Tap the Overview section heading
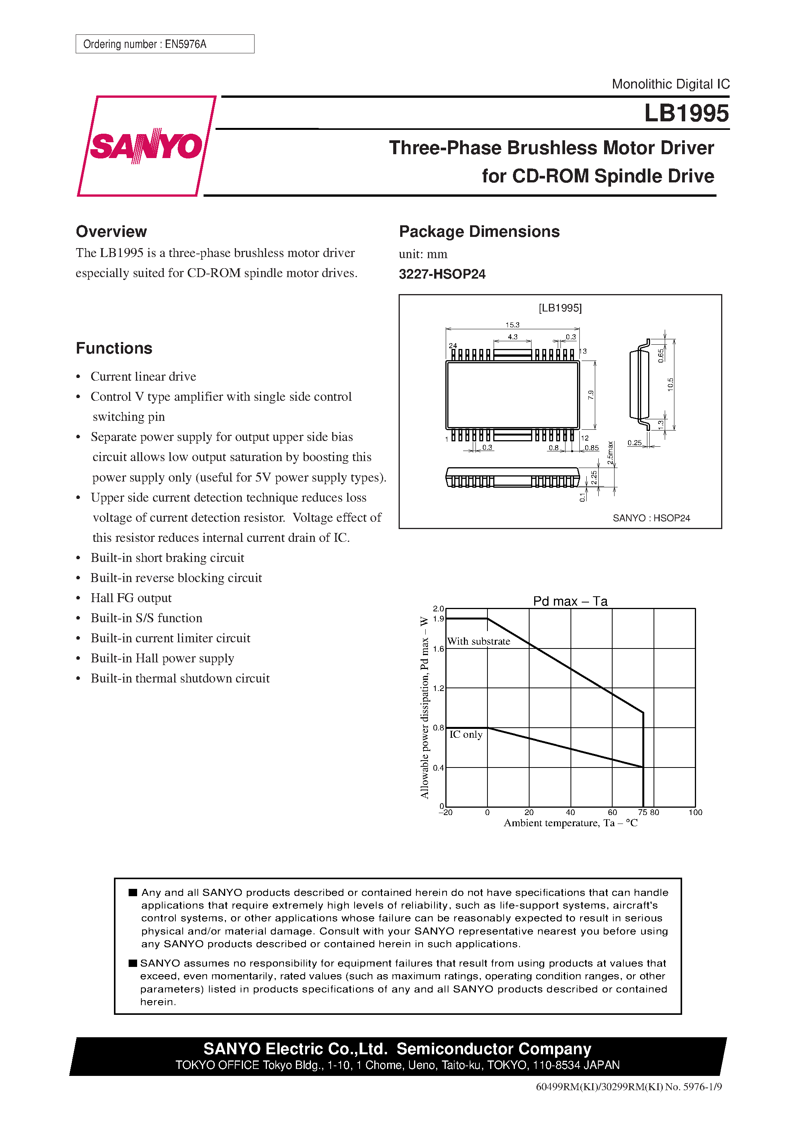pyautogui.click(x=111, y=231)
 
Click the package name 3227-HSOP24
pyautogui.click(x=441, y=274)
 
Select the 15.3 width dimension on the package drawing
pyautogui.click(x=512, y=325)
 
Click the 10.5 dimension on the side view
pyautogui.click(x=671, y=384)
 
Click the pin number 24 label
pyautogui.click(x=453, y=345)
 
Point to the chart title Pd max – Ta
pyautogui.click(x=570, y=601)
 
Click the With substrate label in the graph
pyautogui.click(x=478, y=641)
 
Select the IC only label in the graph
pyautogui.click(x=465, y=734)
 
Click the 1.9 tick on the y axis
pyautogui.click(x=438, y=619)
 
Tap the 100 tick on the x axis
pyautogui.click(x=695, y=813)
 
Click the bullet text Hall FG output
pyautogui.click(x=131, y=598)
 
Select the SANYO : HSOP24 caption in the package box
pyautogui.click(x=651, y=518)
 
